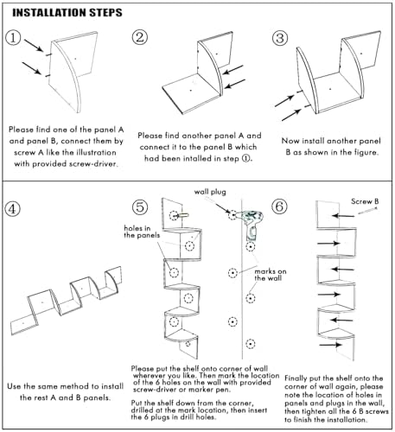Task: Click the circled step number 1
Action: click(x=13, y=38)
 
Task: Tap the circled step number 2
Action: click(x=140, y=37)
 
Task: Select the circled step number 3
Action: click(x=280, y=38)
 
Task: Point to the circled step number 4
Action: click(x=12, y=209)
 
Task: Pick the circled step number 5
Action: click(x=140, y=207)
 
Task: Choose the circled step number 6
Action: click(x=279, y=206)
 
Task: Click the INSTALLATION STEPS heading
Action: click(x=67, y=13)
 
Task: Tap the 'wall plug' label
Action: click(x=210, y=192)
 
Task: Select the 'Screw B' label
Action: click(x=365, y=201)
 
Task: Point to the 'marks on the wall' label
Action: click(x=271, y=275)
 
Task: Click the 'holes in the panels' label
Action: click(x=142, y=232)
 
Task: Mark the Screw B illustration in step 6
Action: click(x=367, y=211)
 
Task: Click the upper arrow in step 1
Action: click(x=34, y=46)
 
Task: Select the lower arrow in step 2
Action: click(x=235, y=84)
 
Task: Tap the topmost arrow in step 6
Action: click(x=343, y=216)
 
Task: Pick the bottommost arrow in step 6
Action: click(x=330, y=345)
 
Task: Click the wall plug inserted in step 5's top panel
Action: click(x=183, y=215)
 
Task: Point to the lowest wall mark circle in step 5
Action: click(x=251, y=344)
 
